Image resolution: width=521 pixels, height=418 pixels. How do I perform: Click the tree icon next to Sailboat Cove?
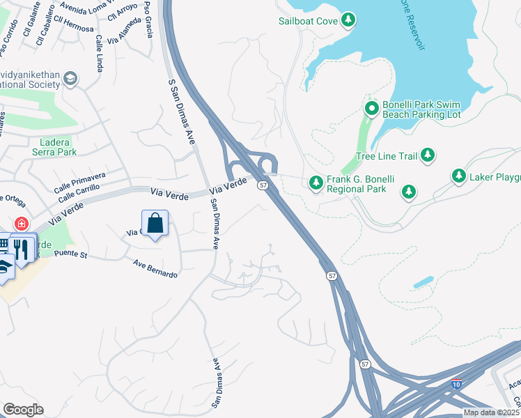(349, 21)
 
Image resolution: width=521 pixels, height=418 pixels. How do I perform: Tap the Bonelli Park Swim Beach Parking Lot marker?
(372, 108)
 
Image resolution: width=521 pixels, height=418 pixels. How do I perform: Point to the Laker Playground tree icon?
(459, 176)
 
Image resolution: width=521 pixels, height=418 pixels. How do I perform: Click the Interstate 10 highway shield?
(456, 382)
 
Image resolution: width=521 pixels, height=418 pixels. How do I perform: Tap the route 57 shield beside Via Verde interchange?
(263, 185)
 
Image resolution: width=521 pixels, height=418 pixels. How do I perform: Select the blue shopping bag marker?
(155, 224)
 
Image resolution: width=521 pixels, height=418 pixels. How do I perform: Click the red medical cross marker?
(22, 224)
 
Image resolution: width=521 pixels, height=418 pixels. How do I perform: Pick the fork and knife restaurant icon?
(22, 249)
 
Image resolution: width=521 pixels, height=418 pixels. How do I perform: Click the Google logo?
(23, 410)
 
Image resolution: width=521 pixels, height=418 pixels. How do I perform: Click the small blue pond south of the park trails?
(423, 283)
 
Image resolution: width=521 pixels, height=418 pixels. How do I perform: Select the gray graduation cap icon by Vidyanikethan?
(70, 79)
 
